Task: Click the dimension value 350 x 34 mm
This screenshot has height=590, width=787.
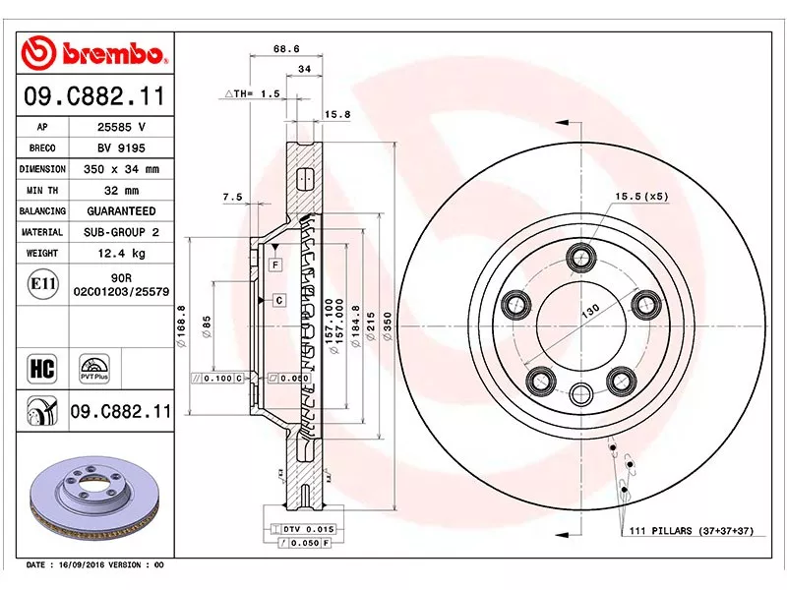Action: [x=121, y=169]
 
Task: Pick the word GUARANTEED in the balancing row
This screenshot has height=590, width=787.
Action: [x=121, y=211]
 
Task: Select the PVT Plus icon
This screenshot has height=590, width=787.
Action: [x=95, y=369]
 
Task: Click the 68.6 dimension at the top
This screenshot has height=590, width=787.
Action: [x=286, y=48]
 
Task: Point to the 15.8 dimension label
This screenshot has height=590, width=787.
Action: [x=337, y=115]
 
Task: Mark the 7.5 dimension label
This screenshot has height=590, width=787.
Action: [x=232, y=197]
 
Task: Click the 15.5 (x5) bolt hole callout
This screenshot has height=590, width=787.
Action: [x=641, y=197]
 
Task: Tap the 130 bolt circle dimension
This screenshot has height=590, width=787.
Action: [x=591, y=310]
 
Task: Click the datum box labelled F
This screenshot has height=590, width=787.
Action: [x=276, y=265]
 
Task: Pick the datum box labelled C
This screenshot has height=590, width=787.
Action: [x=279, y=300]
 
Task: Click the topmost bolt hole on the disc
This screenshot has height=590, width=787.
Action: [x=579, y=258]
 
